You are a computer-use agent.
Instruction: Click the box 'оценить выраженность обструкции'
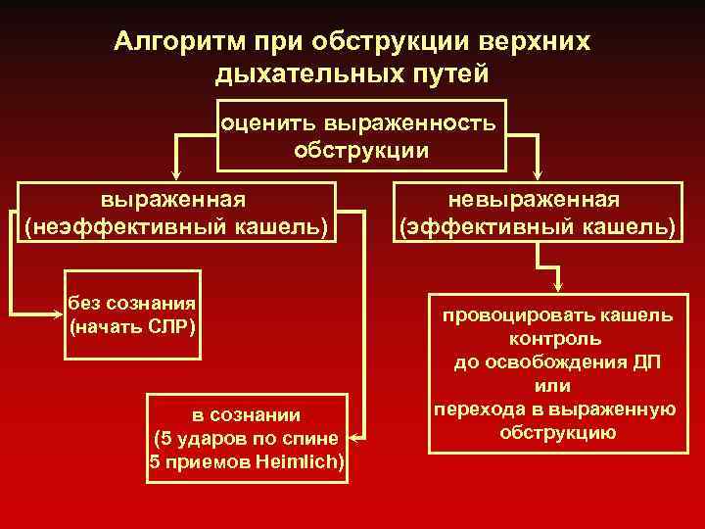(x=360, y=136)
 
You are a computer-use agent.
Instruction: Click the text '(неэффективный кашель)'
(x=176, y=227)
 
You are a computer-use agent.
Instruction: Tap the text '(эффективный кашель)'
(x=536, y=227)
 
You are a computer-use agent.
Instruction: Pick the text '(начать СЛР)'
(x=133, y=324)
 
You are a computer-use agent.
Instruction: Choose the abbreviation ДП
(x=644, y=362)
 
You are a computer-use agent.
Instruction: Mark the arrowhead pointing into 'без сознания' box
(x=57, y=313)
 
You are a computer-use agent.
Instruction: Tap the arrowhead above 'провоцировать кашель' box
(x=556, y=285)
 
